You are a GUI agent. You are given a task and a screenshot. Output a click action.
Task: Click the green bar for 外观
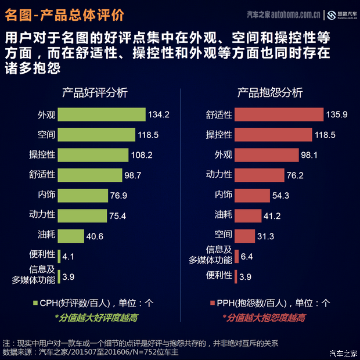tap(102, 114)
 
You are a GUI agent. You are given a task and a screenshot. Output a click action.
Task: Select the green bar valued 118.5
tap(97, 135)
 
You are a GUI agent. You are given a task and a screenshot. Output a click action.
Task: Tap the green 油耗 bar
tap(71, 235)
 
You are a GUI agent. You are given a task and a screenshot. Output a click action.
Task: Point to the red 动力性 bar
tap(259, 175)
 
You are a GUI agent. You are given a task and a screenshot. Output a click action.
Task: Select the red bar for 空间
tap(244, 235)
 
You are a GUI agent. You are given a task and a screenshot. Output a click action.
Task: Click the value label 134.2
tap(159, 115)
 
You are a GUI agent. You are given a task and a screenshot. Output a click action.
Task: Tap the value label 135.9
tap(337, 115)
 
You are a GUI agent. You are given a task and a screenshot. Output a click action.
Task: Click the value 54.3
tap(280, 196)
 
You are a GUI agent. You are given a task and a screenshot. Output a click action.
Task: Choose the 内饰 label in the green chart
tap(46, 195)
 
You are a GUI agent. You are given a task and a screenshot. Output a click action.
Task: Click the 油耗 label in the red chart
tap(223, 215)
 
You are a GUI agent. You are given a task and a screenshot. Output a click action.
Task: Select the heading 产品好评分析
tap(95, 93)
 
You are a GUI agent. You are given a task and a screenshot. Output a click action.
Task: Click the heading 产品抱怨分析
tap(270, 93)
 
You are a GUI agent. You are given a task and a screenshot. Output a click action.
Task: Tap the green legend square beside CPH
tap(35, 303)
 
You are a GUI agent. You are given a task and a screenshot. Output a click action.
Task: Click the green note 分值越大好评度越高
tap(96, 318)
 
